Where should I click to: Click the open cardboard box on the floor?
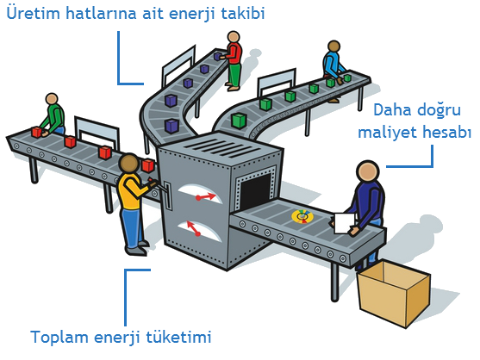[395, 293]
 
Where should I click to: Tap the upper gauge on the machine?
[201, 194]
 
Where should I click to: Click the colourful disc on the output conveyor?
[302, 216]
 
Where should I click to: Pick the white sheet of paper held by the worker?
[345, 223]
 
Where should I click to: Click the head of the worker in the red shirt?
[234, 37]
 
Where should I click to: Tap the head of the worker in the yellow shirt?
[129, 164]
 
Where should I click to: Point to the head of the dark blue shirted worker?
[368, 171]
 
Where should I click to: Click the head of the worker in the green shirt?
[52, 99]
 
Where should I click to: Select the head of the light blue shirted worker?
[334, 47]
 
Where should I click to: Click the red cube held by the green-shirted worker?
[37, 132]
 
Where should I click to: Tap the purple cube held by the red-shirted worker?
[218, 56]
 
